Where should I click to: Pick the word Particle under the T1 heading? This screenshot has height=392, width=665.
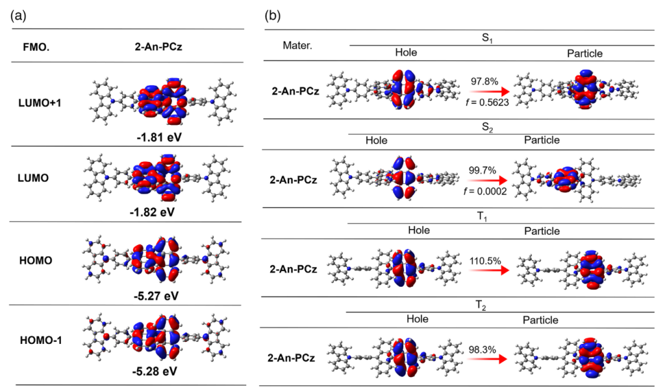pyautogui.click(x=542, y=231)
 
